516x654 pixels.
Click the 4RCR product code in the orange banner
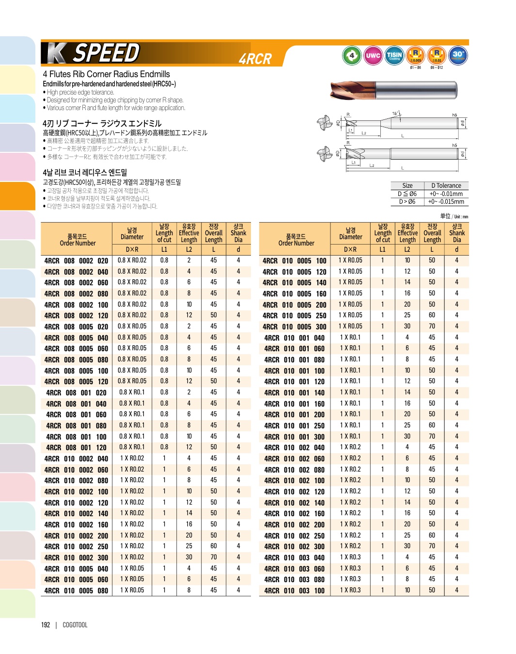coord(255,59)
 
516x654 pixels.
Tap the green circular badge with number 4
coord(351,55)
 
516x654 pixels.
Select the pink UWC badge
coord(373,55)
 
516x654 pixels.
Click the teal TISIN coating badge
coord(394,55)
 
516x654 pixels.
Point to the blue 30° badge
coord(458,55)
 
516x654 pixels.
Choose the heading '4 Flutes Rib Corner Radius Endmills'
coord(106,74)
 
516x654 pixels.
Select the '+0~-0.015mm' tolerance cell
coord(446,202)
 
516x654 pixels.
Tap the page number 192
coord(46,625)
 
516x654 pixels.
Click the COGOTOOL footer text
coord(75,625)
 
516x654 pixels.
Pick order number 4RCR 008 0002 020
coord(76,261)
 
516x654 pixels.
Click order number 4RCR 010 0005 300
coord(295,327)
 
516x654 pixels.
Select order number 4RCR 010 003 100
coord(295,590)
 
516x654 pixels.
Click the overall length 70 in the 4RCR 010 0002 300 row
coord(214,557)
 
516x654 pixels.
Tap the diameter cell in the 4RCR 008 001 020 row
coord(132,392)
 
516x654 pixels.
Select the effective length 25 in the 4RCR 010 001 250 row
coord(407,425)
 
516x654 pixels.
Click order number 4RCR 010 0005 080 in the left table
coord(76,590)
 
